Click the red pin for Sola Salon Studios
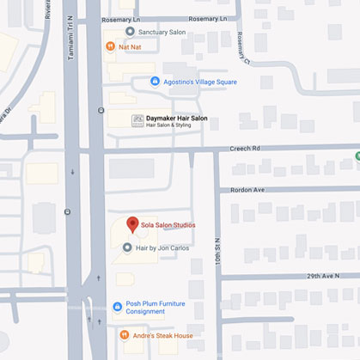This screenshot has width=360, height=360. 132,225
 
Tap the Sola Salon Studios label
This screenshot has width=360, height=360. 169,225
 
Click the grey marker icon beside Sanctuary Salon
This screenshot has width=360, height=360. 130,31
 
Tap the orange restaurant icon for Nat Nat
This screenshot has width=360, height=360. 110,46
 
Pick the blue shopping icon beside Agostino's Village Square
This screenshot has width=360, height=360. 155,82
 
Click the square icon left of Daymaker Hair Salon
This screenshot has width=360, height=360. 137,121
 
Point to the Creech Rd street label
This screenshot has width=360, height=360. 246,148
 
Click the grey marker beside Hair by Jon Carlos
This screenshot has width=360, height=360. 127,248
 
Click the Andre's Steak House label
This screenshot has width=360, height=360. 162,335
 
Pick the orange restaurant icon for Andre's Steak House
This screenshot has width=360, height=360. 118,335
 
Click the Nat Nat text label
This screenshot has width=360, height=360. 129,46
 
